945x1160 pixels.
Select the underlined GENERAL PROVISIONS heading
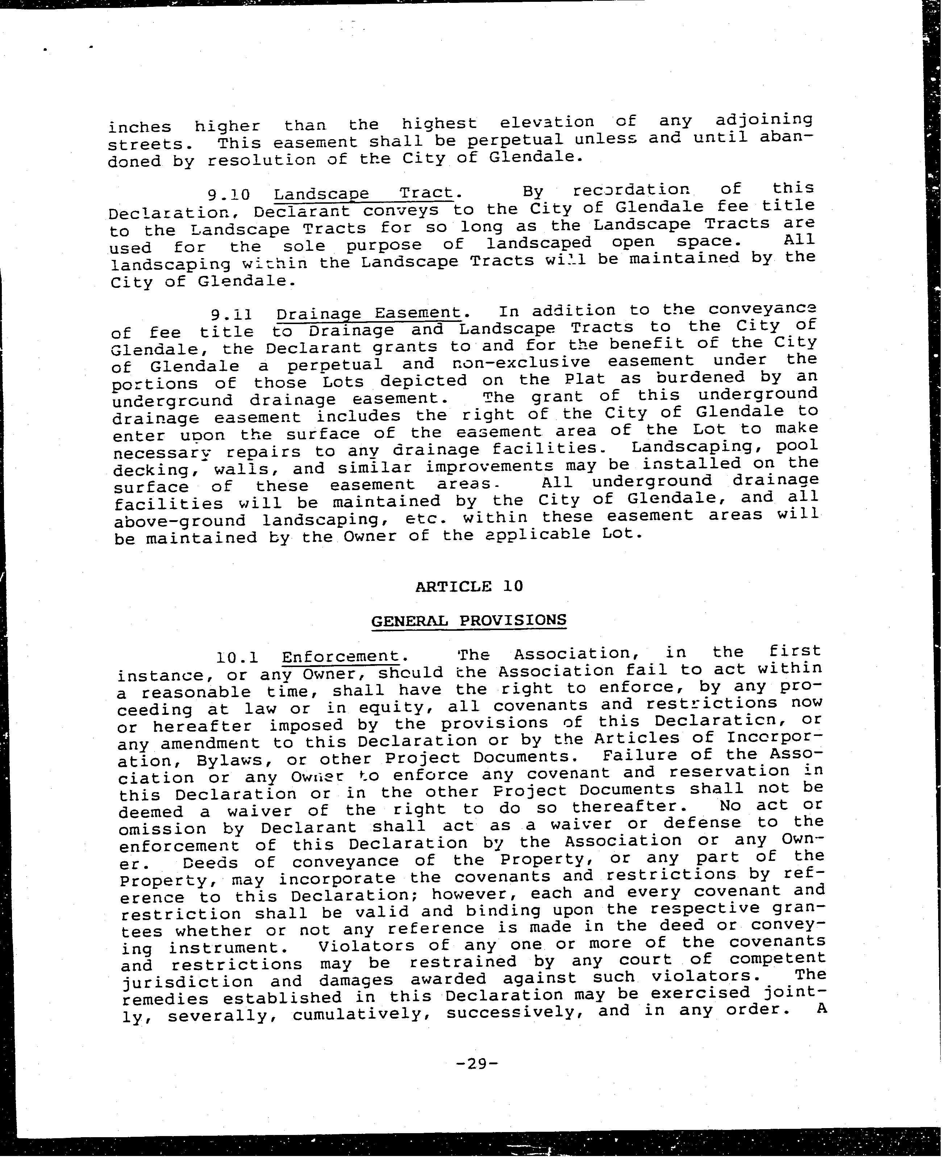tap(469, 620)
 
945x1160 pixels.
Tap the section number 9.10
tap(229, 194)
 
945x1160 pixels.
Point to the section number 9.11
tap(231, 315)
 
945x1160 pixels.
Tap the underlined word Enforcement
tap(341, 656)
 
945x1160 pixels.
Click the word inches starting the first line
tap(140, 127)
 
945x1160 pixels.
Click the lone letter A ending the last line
tap(820, 1007)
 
